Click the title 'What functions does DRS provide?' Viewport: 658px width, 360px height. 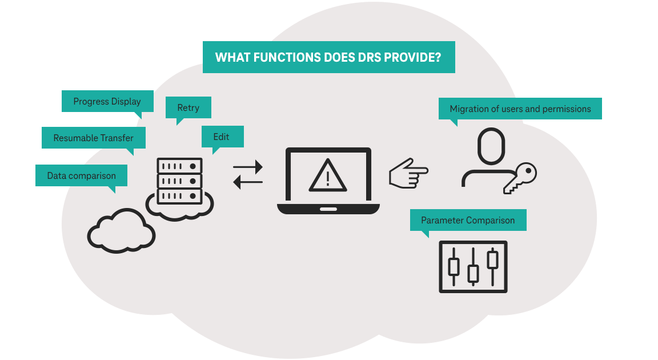click(x=328, y=57)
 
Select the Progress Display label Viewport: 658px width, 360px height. click(x=107, y=102)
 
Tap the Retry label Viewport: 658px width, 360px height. click(x=188, y=107)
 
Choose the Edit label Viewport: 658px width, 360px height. click(x=222, y=137)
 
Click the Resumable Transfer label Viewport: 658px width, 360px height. click(x=94, y=138)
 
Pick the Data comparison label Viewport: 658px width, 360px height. click(x=81, y=176)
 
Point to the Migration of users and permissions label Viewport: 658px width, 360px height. click(x=520, y=109)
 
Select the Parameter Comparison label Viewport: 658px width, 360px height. click(x=468, y=220)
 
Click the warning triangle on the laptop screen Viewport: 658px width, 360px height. click(x=328, y=175)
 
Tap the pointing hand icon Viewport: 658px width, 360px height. click(x=408, y=172)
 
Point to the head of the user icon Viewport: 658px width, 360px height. click(x=491, y=146)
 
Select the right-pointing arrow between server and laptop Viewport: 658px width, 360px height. click(x=248, y=167)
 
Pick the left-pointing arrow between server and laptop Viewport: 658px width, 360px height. click(x=248, y=182)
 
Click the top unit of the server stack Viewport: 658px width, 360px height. click(x=179, y=166)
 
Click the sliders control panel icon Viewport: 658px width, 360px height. click(x=473, y=267)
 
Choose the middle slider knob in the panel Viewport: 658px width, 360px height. click(x=473, y=273)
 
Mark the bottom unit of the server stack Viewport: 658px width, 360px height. click(x=179, y=196)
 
